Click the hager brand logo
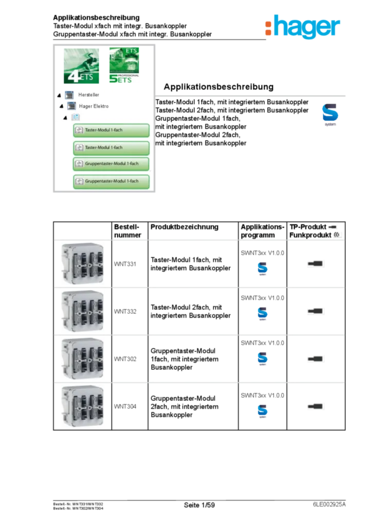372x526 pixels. (302, 27)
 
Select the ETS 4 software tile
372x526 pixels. (82, 66)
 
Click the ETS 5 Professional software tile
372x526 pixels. (123, 66)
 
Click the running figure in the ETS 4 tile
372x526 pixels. (85, 59)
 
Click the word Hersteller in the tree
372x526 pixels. (89, 95)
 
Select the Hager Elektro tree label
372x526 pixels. (94, 106)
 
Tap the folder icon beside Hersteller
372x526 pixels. (69, 95)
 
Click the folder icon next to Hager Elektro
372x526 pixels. (72, 106)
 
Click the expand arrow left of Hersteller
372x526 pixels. (59, 95)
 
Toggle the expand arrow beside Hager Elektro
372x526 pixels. (62, 106)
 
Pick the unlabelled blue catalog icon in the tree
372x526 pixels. (76, 118)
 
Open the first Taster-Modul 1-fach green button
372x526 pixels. (111, 130)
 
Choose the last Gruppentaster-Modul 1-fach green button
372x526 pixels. (111, 181)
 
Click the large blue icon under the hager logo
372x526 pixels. (330, 114)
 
